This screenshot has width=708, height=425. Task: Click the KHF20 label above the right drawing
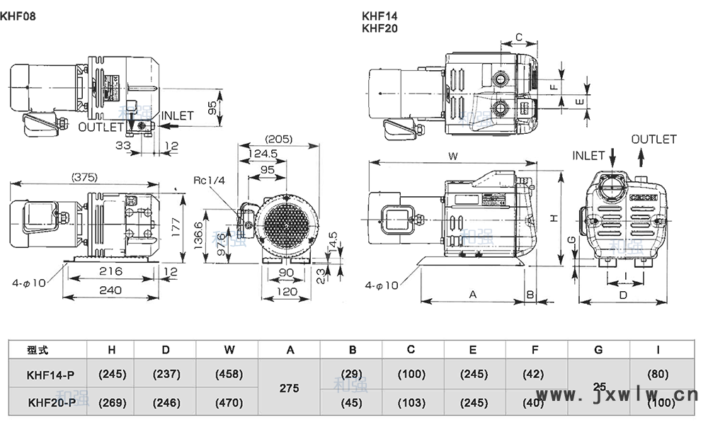379,29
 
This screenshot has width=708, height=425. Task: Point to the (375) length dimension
84,177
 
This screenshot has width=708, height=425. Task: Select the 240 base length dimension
111,290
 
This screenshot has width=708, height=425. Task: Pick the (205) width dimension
278,139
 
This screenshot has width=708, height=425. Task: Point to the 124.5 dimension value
263,153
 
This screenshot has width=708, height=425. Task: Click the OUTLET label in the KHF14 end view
653,140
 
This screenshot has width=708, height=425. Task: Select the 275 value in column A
290,388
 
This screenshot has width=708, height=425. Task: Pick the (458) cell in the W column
228,374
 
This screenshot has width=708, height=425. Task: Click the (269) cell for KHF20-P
112,403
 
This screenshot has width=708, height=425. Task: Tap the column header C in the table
411,349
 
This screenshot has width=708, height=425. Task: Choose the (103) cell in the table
411,403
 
